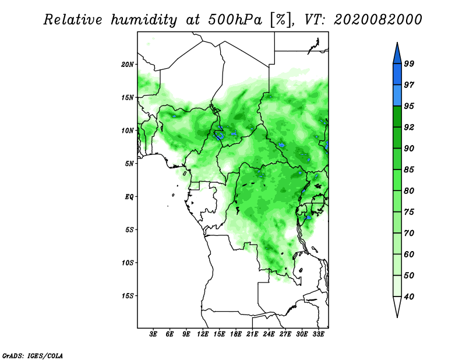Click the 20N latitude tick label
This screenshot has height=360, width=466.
tap(128, 65)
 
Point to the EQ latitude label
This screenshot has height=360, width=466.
tap(129, 197)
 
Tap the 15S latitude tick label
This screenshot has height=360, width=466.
tap(128, 296)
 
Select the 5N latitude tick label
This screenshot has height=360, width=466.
tap(129, 164)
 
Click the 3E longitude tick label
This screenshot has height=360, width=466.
tap(153, 334)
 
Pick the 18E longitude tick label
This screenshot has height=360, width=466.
tap(236, 334)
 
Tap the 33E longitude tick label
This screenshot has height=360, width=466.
tap(318, 334)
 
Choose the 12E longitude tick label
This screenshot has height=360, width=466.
tap(203, 334)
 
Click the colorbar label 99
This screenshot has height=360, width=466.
tap(409, 63)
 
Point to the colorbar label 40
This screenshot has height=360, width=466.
tap(409, 297)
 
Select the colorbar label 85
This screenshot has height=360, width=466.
tap(409, 170)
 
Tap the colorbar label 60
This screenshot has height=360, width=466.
tap(409, 255)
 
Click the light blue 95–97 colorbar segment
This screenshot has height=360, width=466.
tap(397, 96)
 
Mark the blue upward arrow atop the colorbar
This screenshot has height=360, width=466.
tap(397, 53)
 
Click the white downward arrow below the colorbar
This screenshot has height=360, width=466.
tap(397, 307)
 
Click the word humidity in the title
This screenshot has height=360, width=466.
tap(144, 20)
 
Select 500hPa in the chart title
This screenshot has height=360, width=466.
tap(235, 20)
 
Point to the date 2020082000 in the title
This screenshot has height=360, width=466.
tap(377, 20)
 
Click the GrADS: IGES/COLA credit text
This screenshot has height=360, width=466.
tap(33, 356)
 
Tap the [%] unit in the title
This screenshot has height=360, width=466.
tap(281, 20)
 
